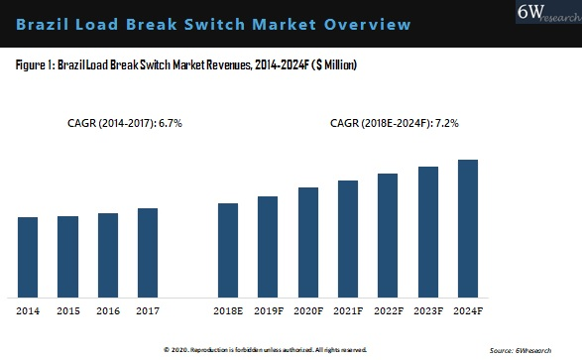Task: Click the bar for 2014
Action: click(x=28, y=257)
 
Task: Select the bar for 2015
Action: click(x=67, y=256)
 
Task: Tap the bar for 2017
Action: click(x=148, y=252)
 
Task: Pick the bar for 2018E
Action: click(x=228, y=250)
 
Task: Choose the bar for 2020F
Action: click(x=308, y=242)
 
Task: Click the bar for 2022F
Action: click(x=388, y=235)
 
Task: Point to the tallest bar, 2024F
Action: click(x=468, y=228)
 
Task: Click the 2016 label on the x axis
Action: click(x=108, y=311)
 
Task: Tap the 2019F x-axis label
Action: click(x=268, y=311)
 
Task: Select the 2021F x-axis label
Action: click(x=348, y=311)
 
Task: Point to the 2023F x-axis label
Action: click(x=427, y=311)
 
